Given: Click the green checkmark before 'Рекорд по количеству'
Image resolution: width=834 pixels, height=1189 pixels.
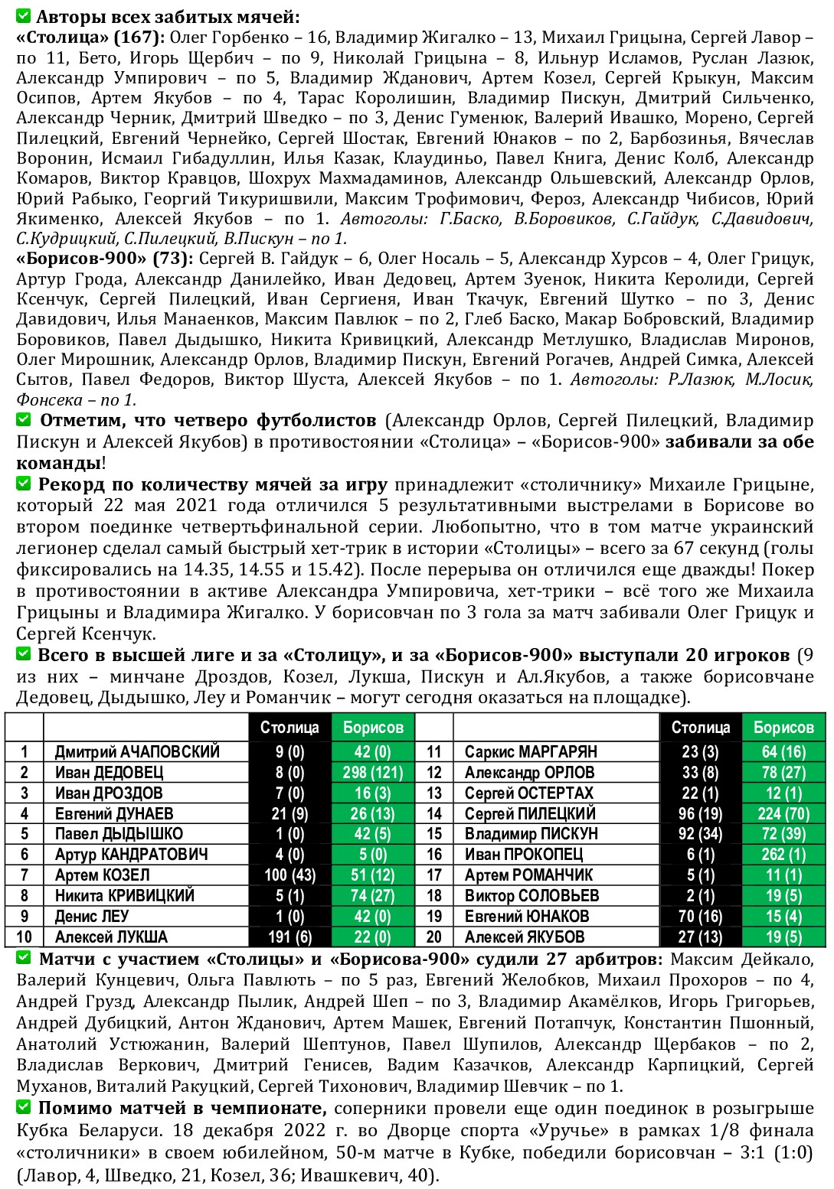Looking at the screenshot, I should point(24,484).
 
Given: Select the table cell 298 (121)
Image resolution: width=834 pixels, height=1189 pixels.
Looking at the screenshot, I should point(373,772).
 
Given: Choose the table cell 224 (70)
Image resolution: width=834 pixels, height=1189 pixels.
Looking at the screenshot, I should point(783,813).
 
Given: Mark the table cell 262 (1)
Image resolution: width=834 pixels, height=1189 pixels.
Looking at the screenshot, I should point(783,854).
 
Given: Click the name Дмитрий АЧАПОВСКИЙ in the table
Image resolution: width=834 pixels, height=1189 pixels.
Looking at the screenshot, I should point(137,751).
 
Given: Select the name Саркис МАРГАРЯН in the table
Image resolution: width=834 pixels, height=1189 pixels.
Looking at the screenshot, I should point(530,751).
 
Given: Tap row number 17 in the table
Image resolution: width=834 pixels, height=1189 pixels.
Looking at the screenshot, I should point(434,875).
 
